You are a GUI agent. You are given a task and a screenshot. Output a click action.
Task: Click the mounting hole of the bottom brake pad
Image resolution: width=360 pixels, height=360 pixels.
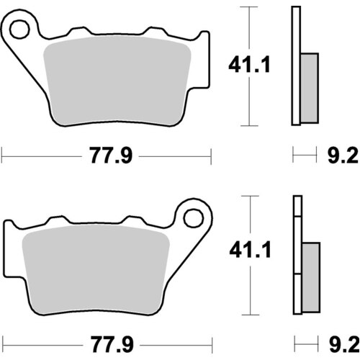pos(192,217)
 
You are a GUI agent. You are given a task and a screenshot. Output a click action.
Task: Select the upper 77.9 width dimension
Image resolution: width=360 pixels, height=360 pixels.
pos(111,155)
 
